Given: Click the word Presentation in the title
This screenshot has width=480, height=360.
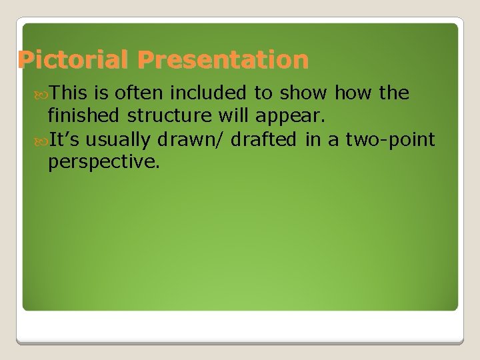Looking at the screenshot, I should pos(223,61).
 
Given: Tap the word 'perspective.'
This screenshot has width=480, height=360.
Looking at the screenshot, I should pos(104,161).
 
